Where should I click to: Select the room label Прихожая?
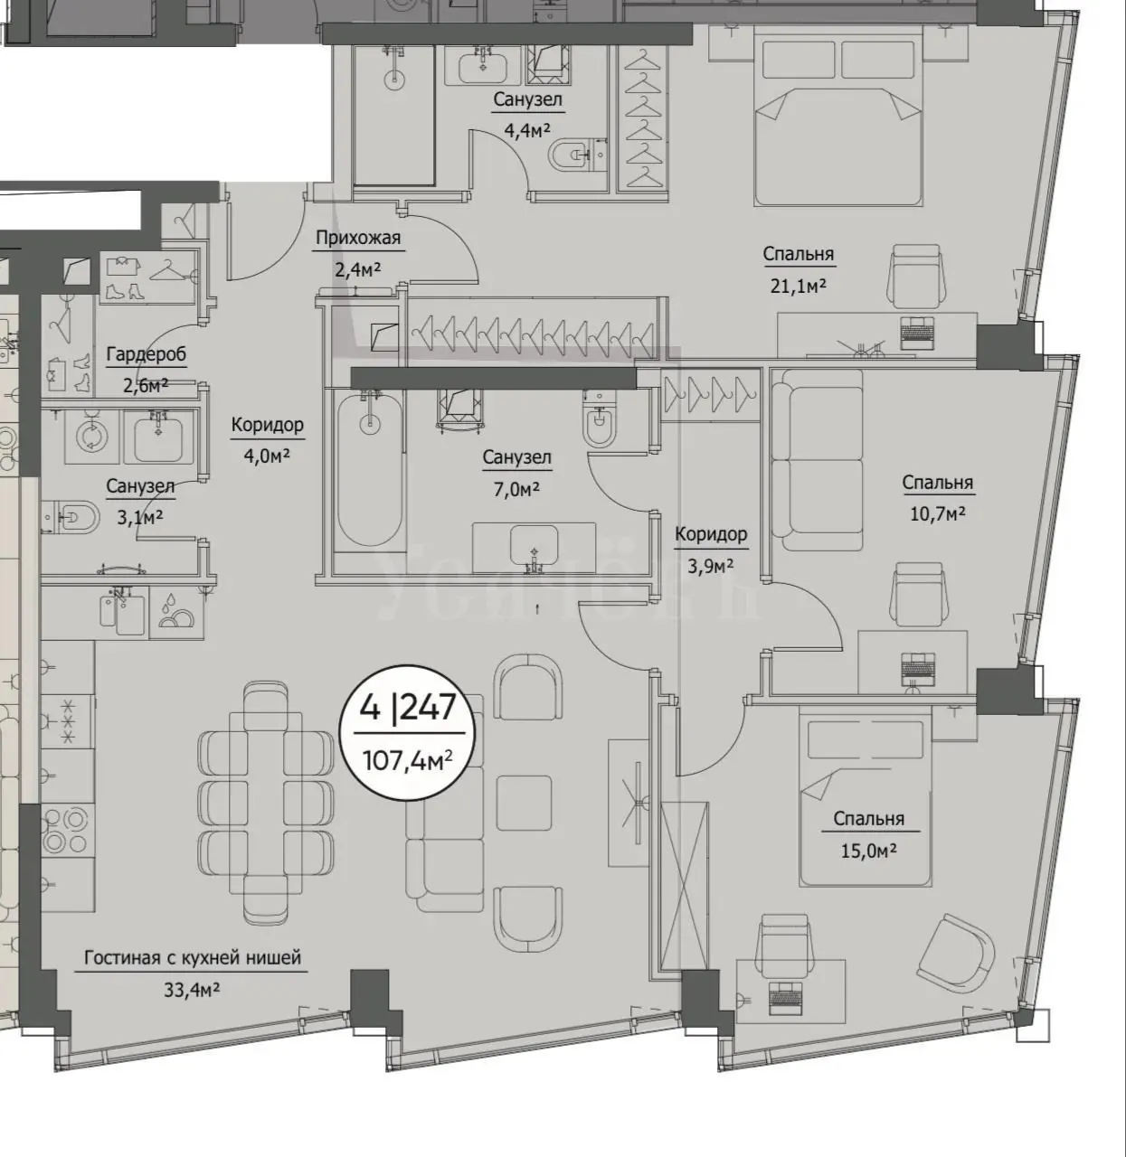click(358, 238)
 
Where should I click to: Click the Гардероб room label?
click(147, 354)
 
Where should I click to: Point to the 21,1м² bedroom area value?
click(799, 287)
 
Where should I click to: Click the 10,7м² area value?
click(938, 513)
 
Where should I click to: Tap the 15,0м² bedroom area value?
click(868, 851)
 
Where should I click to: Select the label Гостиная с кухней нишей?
click(193, 958)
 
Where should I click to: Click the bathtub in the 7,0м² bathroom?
click(369, 470)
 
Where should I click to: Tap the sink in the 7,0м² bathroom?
click(534, 547)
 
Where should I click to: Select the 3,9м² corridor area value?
click(711, 566)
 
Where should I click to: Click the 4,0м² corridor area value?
click(267, 456)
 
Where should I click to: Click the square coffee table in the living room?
click(524, 803)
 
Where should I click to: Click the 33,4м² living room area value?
click(192, 991)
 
